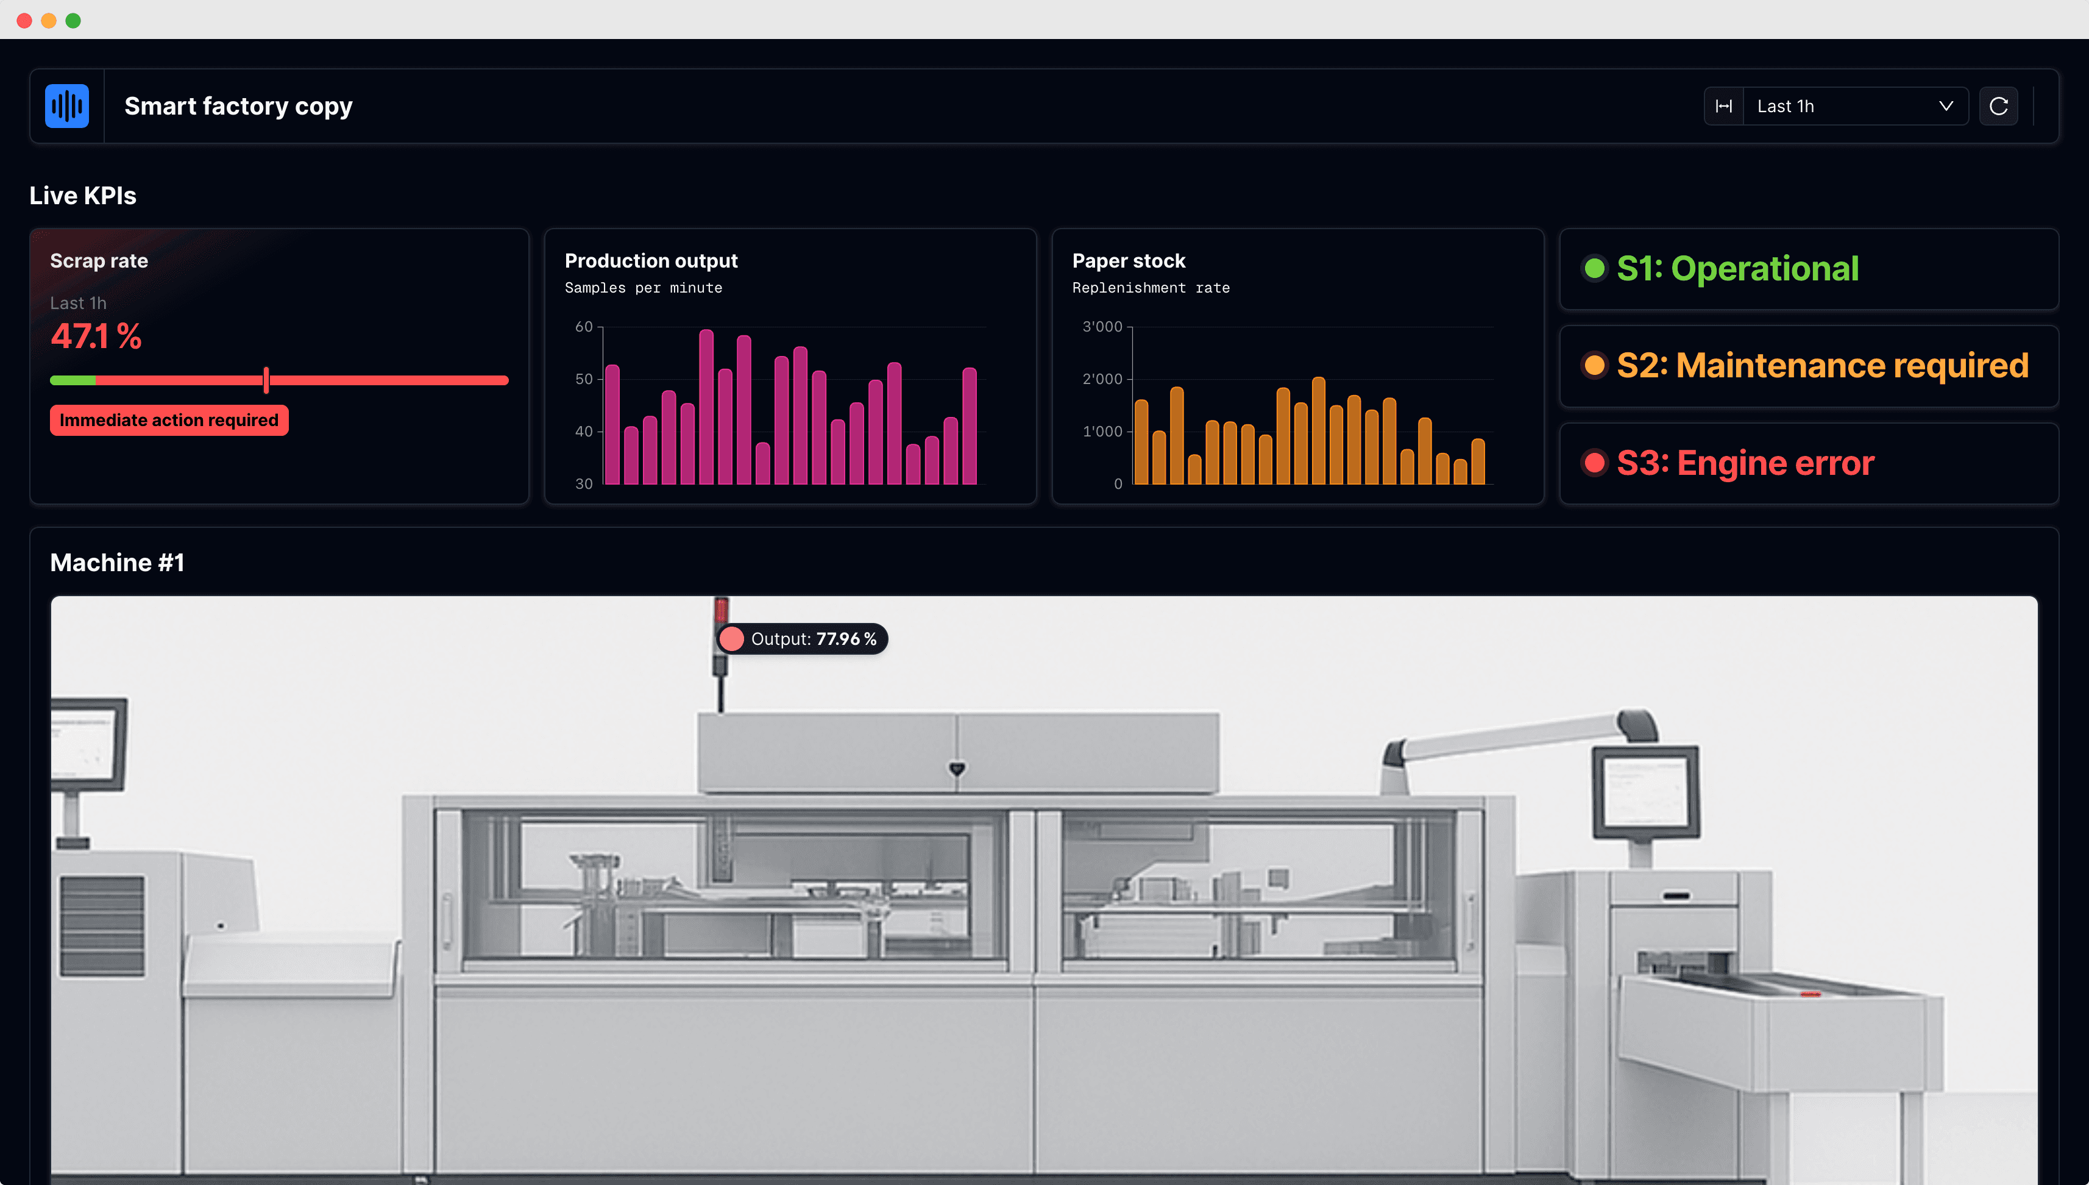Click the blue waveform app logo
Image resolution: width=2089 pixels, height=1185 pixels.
coord(66,106)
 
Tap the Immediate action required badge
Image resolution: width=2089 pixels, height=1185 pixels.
coord(168,420)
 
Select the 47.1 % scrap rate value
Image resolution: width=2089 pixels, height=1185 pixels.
coord(96,336)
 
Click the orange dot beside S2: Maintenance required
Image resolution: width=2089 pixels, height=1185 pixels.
coord(1594,365)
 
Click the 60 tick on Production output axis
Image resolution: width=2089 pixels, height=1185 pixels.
coord(583,326)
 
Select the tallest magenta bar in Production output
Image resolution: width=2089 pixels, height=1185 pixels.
coord(706,407)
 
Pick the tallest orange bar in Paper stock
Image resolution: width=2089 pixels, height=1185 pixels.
coord(1319,430)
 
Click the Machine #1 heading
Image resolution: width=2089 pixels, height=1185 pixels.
coord(117,563)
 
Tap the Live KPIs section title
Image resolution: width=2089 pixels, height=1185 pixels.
coord(83,195)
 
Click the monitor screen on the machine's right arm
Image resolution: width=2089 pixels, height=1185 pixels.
coord(1645,789)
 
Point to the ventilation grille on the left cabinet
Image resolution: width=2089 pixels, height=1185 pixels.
coord(102,925)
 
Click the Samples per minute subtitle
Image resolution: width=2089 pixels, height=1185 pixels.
coord(643,287)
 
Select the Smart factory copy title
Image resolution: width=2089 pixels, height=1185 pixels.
coord(238,106)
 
